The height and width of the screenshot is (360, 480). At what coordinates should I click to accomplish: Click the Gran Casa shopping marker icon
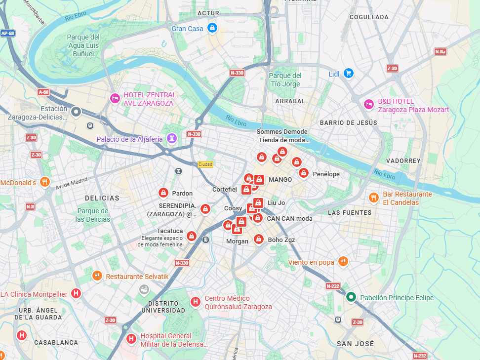point(212,28)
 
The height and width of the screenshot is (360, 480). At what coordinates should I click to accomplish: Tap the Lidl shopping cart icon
point(349,74)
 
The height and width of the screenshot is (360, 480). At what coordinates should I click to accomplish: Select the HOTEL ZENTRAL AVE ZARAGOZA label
point(150,99)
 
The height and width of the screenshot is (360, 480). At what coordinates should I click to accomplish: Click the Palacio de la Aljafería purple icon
point(171,139)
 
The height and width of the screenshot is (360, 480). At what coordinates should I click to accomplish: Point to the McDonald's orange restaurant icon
point(45,182)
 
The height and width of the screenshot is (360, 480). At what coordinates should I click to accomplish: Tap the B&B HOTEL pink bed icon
point(368,104)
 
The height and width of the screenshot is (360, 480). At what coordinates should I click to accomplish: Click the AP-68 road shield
point(7,34)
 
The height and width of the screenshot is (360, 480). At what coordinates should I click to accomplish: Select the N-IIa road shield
point(440,51)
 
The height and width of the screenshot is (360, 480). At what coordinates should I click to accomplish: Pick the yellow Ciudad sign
point(205,164)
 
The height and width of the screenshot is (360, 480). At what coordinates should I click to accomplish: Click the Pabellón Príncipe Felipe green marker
point(351,297)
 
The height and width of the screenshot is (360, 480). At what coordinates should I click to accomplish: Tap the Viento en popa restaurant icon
point(343,262)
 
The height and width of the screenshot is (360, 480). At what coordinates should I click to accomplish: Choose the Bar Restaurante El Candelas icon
point(374,198)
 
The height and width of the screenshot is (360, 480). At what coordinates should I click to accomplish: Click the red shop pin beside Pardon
point(163,193)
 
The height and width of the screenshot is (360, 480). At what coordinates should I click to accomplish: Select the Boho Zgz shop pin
point(258,239)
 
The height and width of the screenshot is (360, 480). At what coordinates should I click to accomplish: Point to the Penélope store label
point(326,174)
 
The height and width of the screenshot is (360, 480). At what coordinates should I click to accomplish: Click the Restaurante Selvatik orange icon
point(97,276)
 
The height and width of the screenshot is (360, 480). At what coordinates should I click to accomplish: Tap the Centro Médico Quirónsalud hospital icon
point(195,301)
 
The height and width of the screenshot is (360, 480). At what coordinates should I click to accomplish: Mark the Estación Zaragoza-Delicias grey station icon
point(76,112)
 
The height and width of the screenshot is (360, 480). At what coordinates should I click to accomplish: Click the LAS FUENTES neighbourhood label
point(350,213)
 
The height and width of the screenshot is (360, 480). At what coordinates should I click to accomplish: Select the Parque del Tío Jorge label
point(285,80)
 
